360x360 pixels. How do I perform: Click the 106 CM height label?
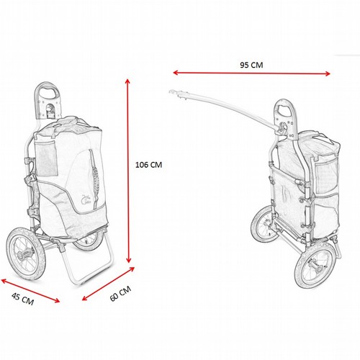(x=149, y=165)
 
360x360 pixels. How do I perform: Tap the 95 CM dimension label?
(x=251, y=65)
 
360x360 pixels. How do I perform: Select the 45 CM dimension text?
(x=23, y=299)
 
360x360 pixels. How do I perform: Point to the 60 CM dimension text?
(x=120, y=293)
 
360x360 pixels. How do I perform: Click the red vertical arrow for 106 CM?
(x=128, y=171)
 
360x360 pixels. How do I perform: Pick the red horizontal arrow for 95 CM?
(x=251, y=73)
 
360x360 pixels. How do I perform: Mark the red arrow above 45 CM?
(x=30, y=291)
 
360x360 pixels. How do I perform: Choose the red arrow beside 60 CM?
(x=108, y=284)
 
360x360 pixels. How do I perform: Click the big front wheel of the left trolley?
(x=26, y=254)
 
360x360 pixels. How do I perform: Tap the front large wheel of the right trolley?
(x=315, y=265)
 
